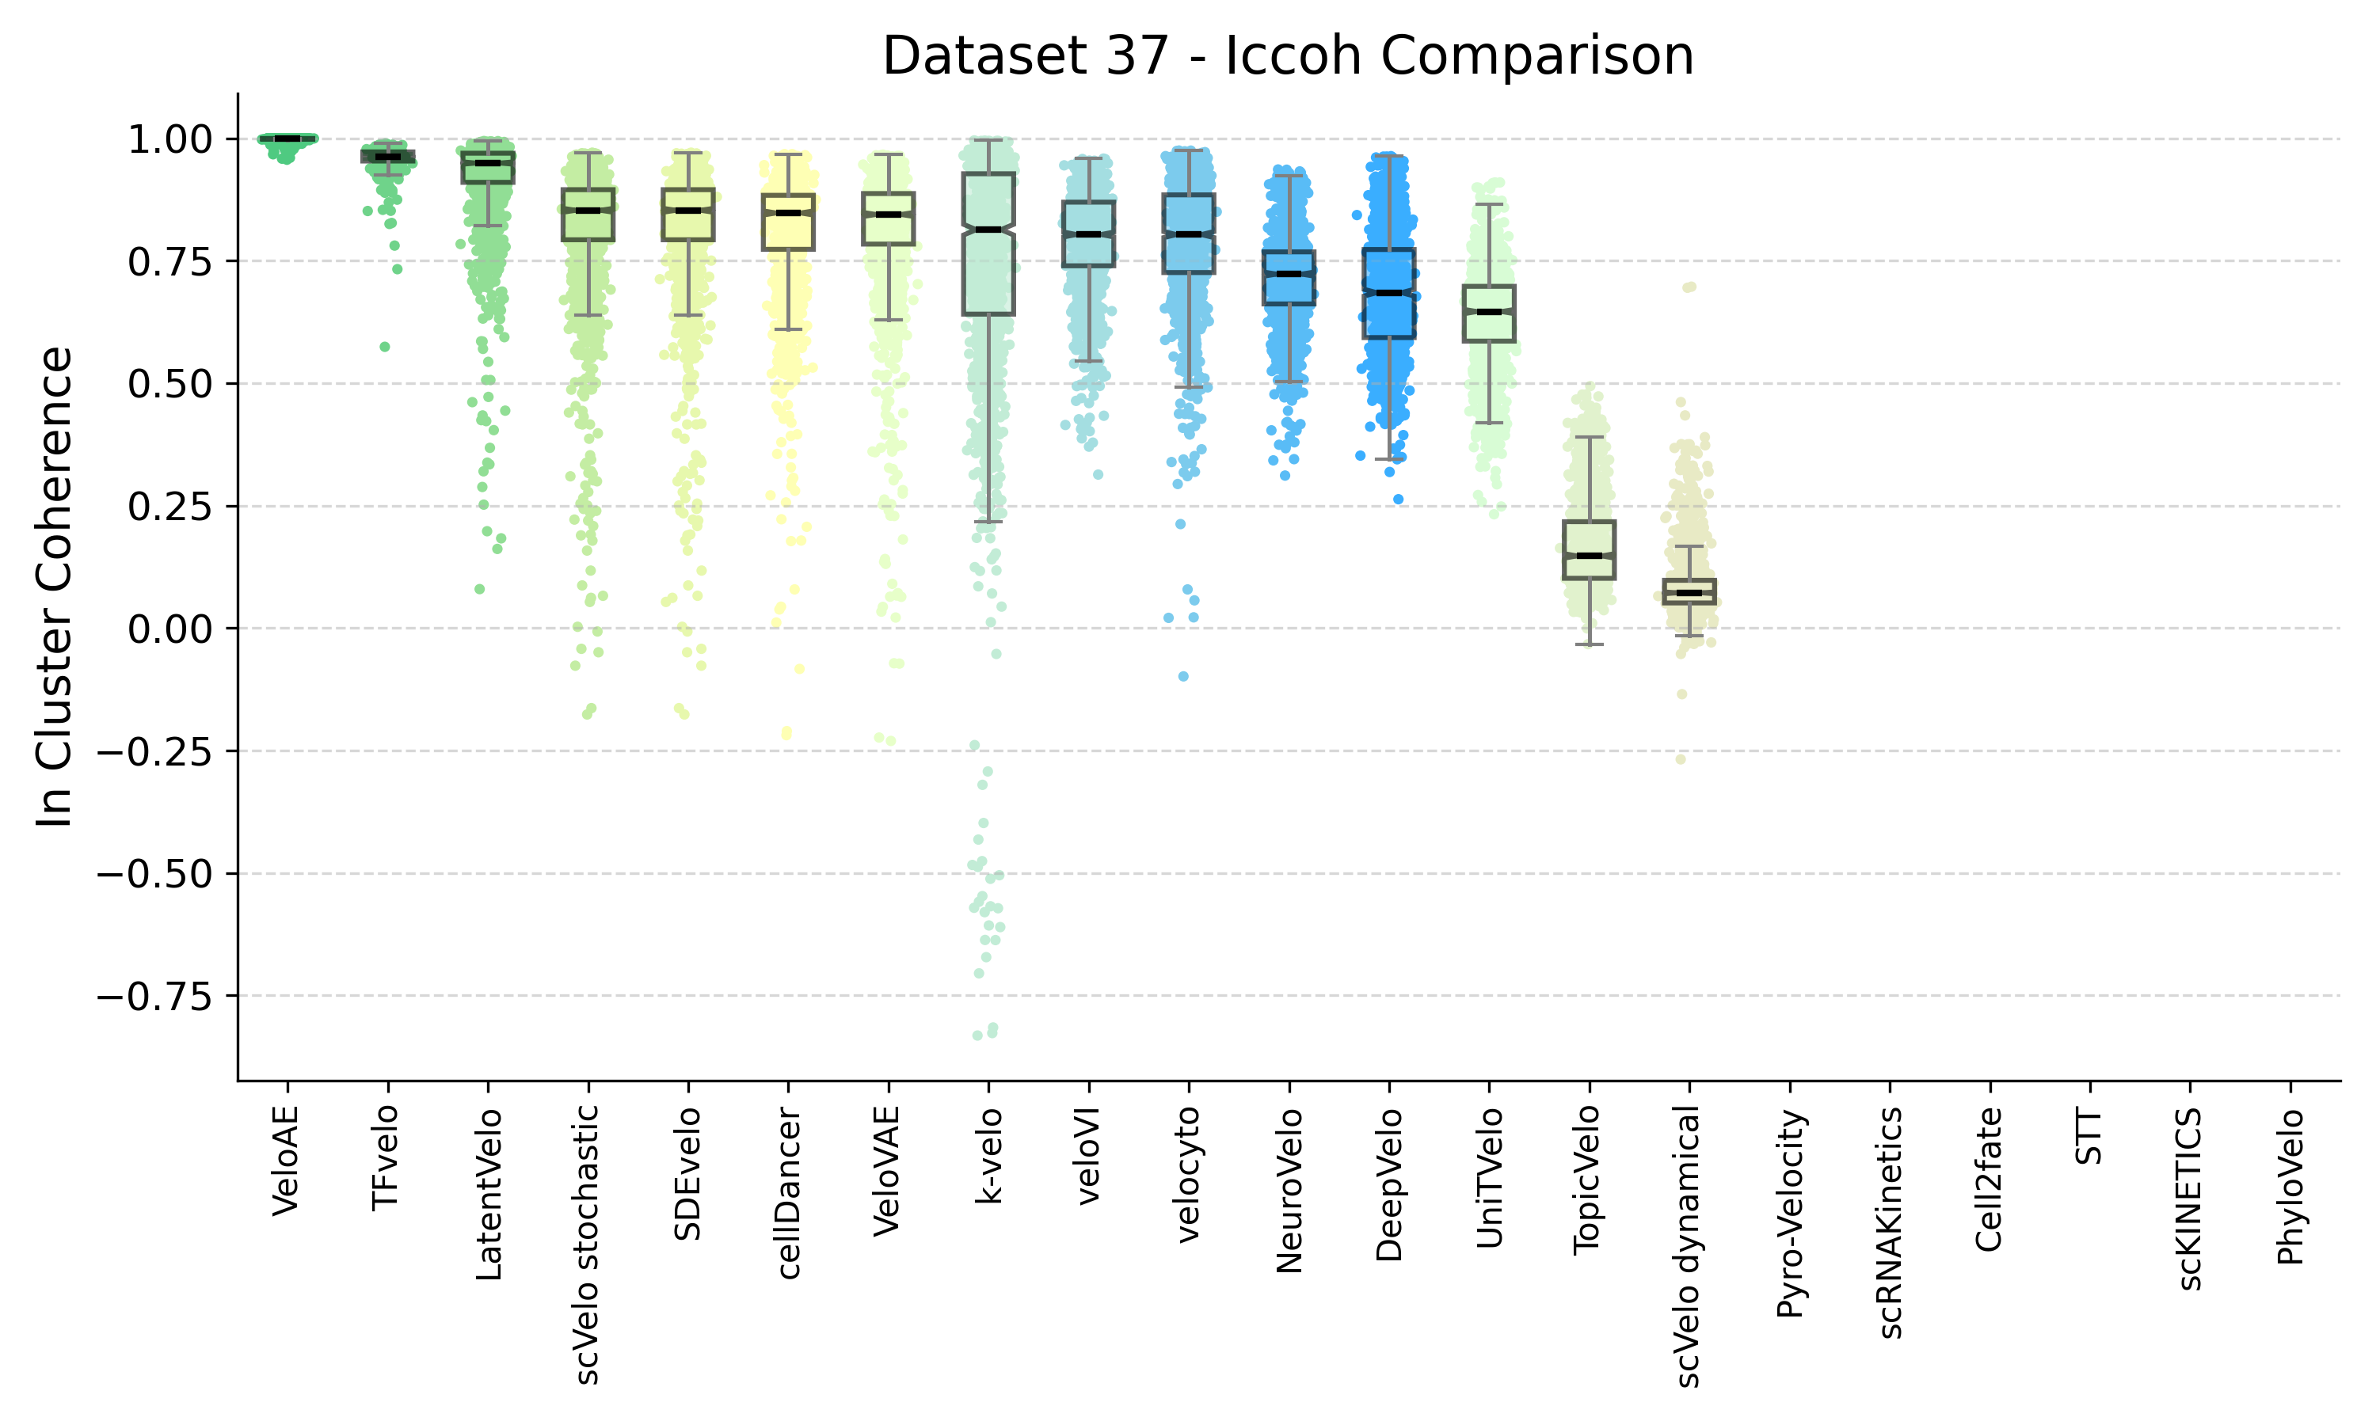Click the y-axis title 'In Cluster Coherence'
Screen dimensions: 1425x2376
(55, 587)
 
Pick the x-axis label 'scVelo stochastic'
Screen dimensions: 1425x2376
(587, 1244)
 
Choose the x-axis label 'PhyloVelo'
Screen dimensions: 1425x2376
(2290, 1187)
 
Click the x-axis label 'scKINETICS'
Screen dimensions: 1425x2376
(2190, 1199)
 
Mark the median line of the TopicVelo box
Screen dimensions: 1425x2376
(1590, 556)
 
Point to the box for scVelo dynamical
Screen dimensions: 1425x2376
(1689, 591)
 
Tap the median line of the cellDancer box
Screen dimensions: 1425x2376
(787, 213)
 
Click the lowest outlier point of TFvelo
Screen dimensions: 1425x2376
(384, 347)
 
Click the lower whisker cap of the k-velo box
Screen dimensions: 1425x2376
(988, 522)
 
